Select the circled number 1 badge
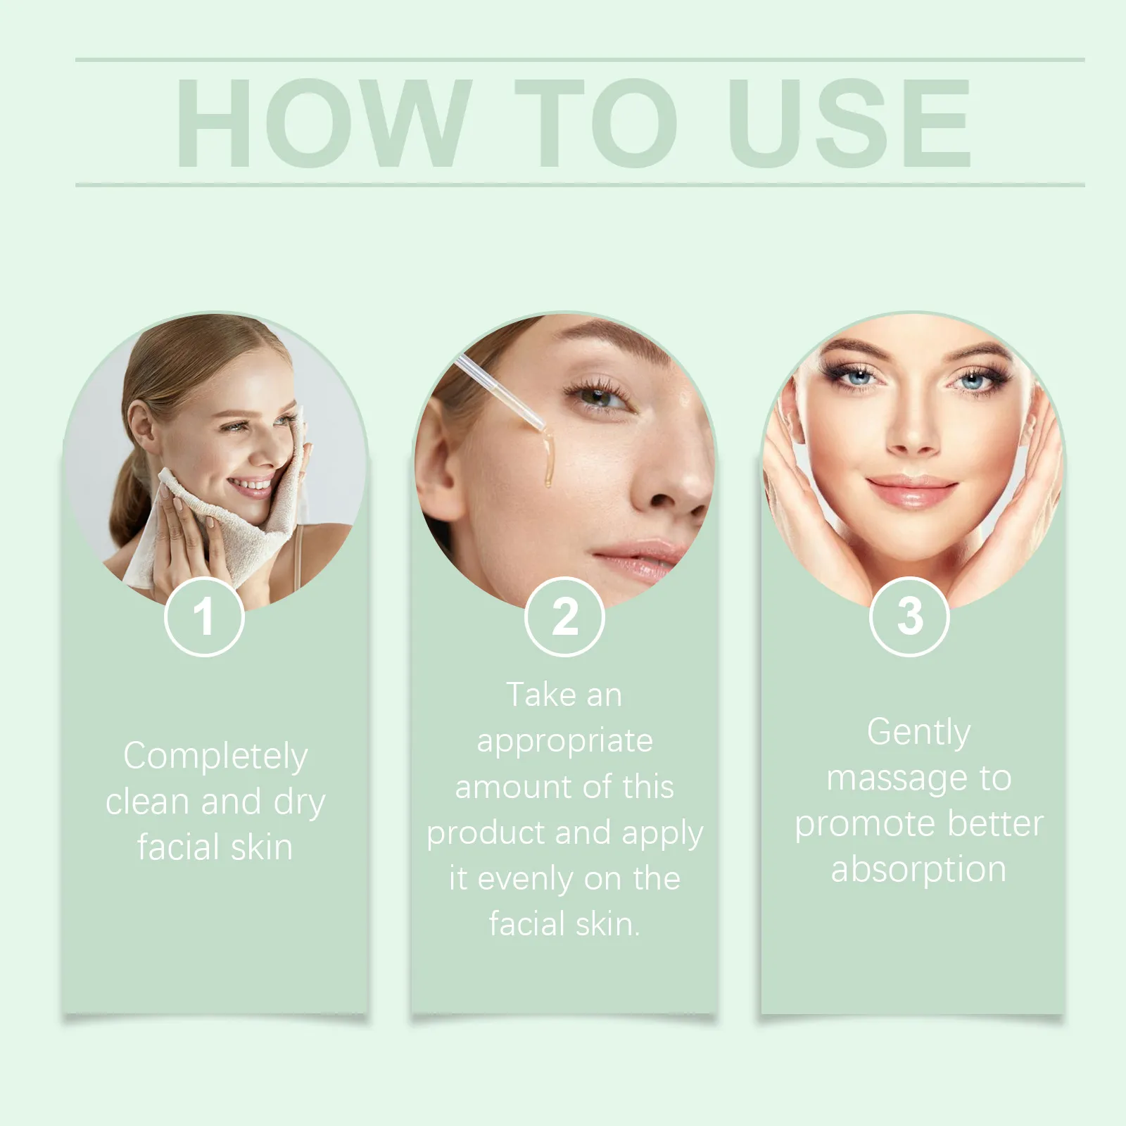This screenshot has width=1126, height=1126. [204, 616]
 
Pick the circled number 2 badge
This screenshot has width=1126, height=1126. [564, 616]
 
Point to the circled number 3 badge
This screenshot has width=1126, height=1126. [910, 616]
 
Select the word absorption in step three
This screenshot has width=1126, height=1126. [918, 870]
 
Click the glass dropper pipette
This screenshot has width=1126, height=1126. [500, 391]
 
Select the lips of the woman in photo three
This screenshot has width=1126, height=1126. [912, 490]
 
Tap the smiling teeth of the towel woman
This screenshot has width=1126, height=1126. [251, 484]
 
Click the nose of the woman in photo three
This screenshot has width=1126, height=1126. [913, 429]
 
